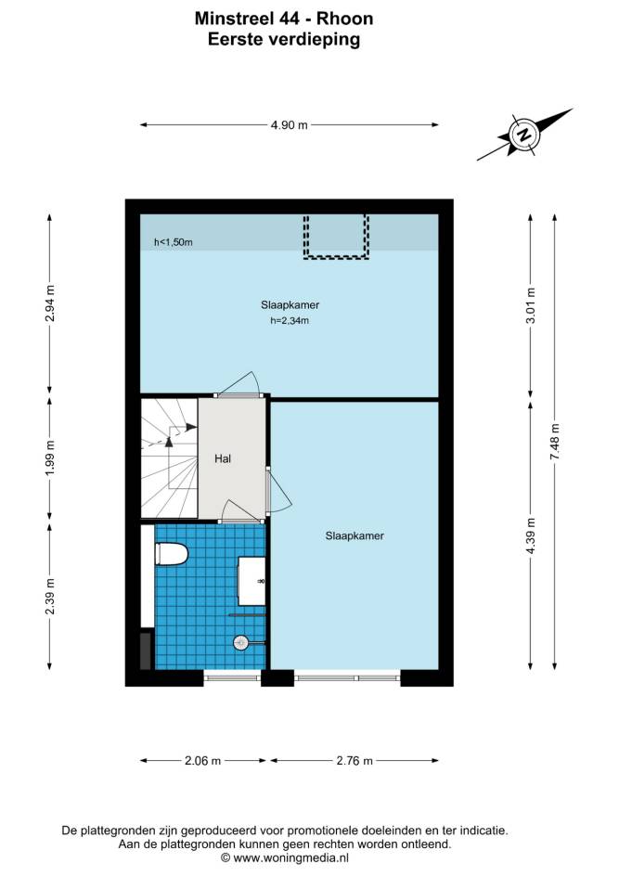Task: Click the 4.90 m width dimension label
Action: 290,125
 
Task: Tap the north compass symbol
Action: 524,135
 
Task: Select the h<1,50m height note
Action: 174,242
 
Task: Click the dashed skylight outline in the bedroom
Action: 336,258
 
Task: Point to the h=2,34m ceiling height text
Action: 290,321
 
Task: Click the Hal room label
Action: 223,458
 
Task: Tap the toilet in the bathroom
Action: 172,554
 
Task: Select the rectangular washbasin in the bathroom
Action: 252,581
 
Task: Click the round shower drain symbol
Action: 240,643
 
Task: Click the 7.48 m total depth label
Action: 555,442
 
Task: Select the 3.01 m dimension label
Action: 531,305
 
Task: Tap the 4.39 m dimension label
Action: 531,535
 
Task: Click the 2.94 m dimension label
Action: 50,303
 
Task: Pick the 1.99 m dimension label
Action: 50,458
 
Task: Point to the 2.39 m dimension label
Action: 50,596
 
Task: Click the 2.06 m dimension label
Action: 203,760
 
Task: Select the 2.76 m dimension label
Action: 355,760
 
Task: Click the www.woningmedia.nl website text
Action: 290,857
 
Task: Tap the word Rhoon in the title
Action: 344,19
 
